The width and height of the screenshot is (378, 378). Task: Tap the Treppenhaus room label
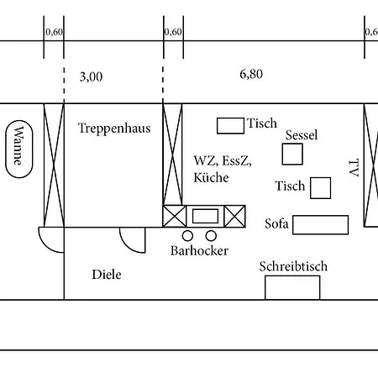pos(114,129)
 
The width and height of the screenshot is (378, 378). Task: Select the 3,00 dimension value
pos(91,76)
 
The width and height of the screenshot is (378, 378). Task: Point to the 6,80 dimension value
pos(251,74)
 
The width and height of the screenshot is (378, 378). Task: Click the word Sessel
pos(302,135)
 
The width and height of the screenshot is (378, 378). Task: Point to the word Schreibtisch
pos(293,266)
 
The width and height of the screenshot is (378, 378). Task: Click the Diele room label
pos(107,275)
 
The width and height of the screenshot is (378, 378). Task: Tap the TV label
pos(354,168)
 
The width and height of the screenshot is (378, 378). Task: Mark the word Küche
pos(211,177)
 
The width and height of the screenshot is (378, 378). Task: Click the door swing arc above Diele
pos(126,246)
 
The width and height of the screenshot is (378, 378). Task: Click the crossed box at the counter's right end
pos(235,216)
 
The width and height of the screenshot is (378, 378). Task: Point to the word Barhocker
pos(199,250)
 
